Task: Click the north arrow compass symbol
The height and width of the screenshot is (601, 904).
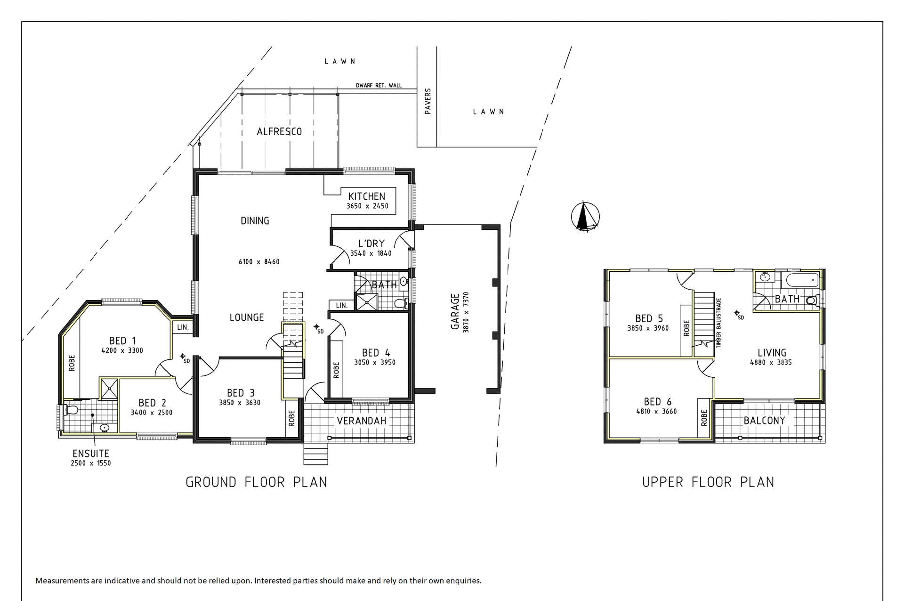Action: point(585,217)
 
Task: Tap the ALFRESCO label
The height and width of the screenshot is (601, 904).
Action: point(279,132)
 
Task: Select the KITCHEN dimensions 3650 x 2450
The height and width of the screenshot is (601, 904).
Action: point(367,206)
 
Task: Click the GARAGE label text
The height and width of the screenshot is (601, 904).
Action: point(455,312)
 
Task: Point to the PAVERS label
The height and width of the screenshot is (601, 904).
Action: point(428,101)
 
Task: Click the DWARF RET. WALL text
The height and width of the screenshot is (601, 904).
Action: point(379,86)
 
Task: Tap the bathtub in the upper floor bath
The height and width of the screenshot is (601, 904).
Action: point(803,280)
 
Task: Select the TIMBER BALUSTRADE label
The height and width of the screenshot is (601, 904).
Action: point(718,323)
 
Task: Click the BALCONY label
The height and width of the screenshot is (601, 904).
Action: point(764,421)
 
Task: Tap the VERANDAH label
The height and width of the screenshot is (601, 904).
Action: point(361,421)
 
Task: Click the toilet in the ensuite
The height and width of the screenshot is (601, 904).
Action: point(71,410)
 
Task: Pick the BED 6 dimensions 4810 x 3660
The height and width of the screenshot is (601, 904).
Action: point(656,412)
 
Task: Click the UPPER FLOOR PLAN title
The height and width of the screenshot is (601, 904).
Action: point(708,482)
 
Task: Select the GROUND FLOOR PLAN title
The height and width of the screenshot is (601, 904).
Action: point(256,482)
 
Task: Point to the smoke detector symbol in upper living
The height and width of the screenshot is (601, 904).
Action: point(736,313)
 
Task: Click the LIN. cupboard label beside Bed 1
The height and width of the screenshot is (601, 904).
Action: point(183,327)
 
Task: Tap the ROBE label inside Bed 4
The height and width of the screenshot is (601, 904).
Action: point(336,370)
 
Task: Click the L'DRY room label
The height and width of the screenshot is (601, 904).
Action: point(371,244)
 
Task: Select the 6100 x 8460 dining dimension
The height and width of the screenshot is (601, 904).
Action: point(259,262)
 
